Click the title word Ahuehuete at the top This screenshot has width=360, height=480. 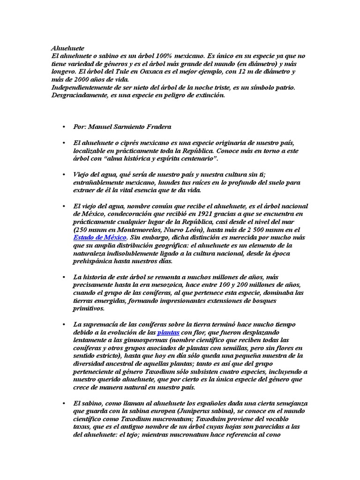click(67, 48)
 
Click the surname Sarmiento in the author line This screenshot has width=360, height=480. click(132, 127)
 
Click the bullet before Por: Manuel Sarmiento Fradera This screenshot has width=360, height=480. click(62, 127)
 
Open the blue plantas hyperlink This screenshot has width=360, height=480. click(168, 332)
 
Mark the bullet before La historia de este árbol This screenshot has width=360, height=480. click(62, 277)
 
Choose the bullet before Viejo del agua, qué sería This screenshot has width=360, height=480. click(62, 174)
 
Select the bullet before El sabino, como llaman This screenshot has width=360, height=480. click(62, 403)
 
